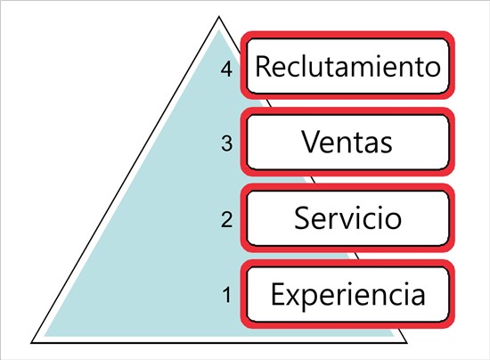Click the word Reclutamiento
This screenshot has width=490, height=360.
tap(348, 66)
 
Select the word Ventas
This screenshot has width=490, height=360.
tap(347, 142)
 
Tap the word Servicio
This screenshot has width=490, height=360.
tap(347, 217)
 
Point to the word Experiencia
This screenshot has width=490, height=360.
tap(347, 294)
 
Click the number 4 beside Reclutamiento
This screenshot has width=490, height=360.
tap(226, 70)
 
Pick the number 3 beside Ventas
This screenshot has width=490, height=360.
tap(227, 143)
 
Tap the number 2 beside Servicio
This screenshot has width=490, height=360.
tap(227, 219)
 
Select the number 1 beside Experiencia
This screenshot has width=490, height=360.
tap(227, 295)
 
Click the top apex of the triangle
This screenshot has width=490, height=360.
tap(219, 17)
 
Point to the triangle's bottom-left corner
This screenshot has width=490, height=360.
tap(31, 343)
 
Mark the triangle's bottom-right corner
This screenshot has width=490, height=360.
tap(407, 343)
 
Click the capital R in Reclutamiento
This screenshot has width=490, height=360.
tap(263, 66)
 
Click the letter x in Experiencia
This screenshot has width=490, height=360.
tap(293, 297)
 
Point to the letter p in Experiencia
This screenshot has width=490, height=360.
tap(309, 300)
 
